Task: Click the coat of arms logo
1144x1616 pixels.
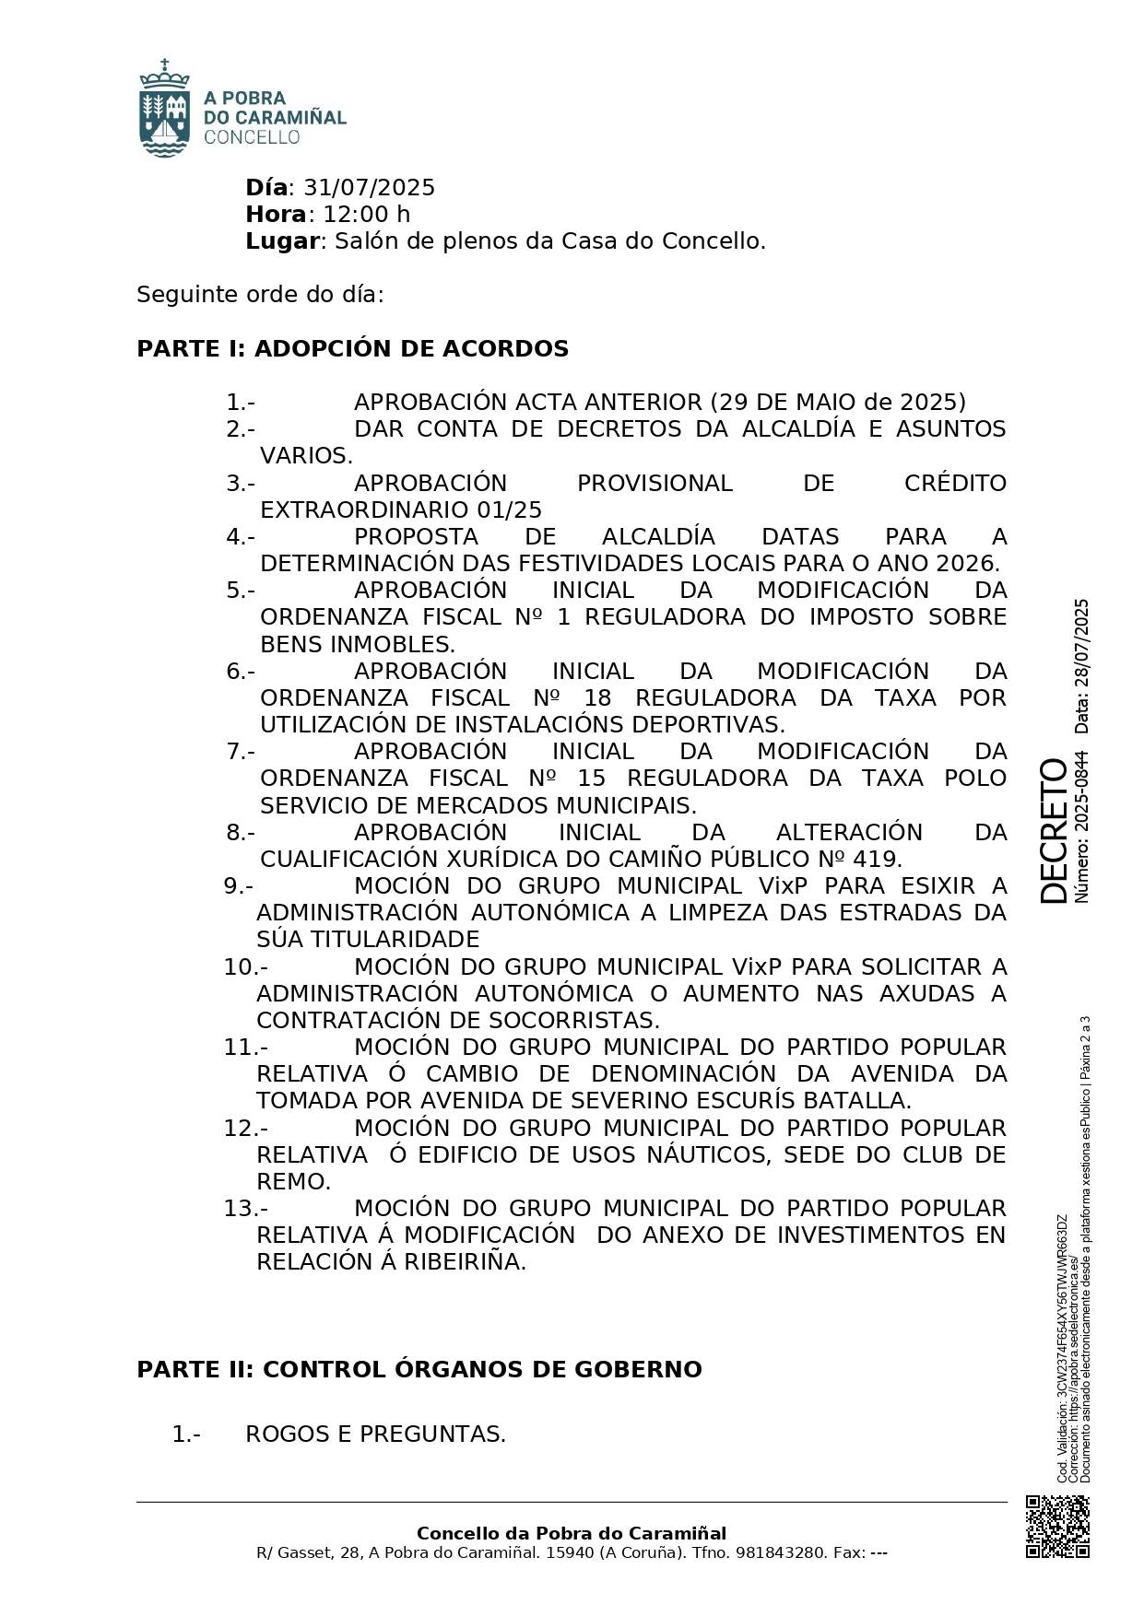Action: click(164, 109)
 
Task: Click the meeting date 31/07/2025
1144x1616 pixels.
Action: click(369, 188)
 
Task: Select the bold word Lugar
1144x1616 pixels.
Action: click(281, 241)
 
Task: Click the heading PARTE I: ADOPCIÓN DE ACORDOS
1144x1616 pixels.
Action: click(352, 349)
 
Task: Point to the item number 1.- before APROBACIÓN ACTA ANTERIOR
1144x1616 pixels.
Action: click(240, 403)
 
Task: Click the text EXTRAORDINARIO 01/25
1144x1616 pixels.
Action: click(401, 510)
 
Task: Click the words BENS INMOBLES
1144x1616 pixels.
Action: click(357, 644)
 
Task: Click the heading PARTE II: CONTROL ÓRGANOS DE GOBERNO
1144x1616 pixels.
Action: click(419, 1370)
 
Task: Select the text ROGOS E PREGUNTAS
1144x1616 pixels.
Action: click(375, 1434)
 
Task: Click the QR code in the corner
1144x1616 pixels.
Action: click(1057, 1528)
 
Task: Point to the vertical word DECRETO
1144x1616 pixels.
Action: click(1052, 830)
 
